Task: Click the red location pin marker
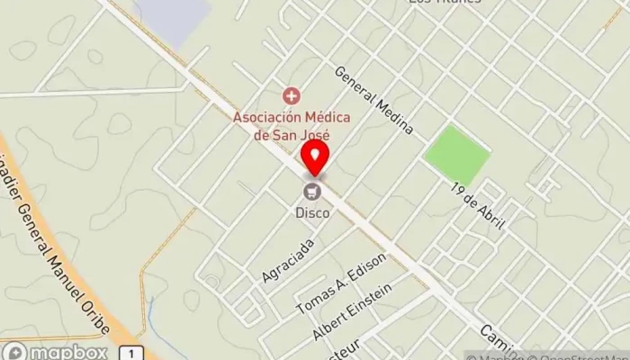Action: pos(314,157)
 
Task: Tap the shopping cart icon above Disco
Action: pos(312,191)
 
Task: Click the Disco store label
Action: pos(312,213)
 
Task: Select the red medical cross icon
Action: pos(290,94)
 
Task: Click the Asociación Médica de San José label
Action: pos(292,125)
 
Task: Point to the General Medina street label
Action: pos(373,100)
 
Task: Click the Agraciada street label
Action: pos(288,260)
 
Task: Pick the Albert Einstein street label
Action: pos(352,312)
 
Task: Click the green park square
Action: pos(457,155)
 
